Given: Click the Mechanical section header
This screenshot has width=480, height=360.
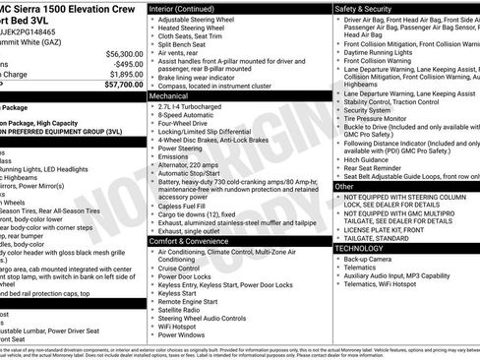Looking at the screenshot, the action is pos(168,97).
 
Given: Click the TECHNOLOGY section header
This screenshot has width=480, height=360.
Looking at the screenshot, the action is pos(358,248).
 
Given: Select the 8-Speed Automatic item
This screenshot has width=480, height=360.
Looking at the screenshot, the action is pos(192,117).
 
